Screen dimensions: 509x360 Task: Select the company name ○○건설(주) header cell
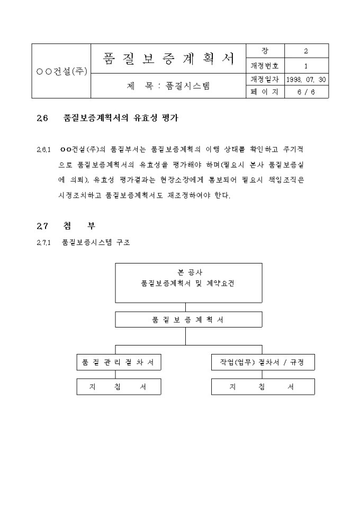point(61,71)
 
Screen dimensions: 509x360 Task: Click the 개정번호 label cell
point(265,66)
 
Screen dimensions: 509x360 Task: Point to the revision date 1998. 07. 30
point(306,79)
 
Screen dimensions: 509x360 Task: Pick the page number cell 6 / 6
point(306,92)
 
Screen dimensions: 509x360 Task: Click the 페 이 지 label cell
point(265,92)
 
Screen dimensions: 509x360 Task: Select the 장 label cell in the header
point(265,51)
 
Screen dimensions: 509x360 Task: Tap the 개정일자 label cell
point(265,79)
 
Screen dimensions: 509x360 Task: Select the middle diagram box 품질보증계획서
point(188,320)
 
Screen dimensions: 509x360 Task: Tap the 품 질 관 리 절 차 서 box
point(119,362)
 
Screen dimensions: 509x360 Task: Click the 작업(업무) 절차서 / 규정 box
point(263,362)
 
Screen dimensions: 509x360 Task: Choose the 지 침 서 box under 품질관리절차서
point(119,387)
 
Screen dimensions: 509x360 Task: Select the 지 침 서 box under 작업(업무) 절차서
point(263,387)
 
